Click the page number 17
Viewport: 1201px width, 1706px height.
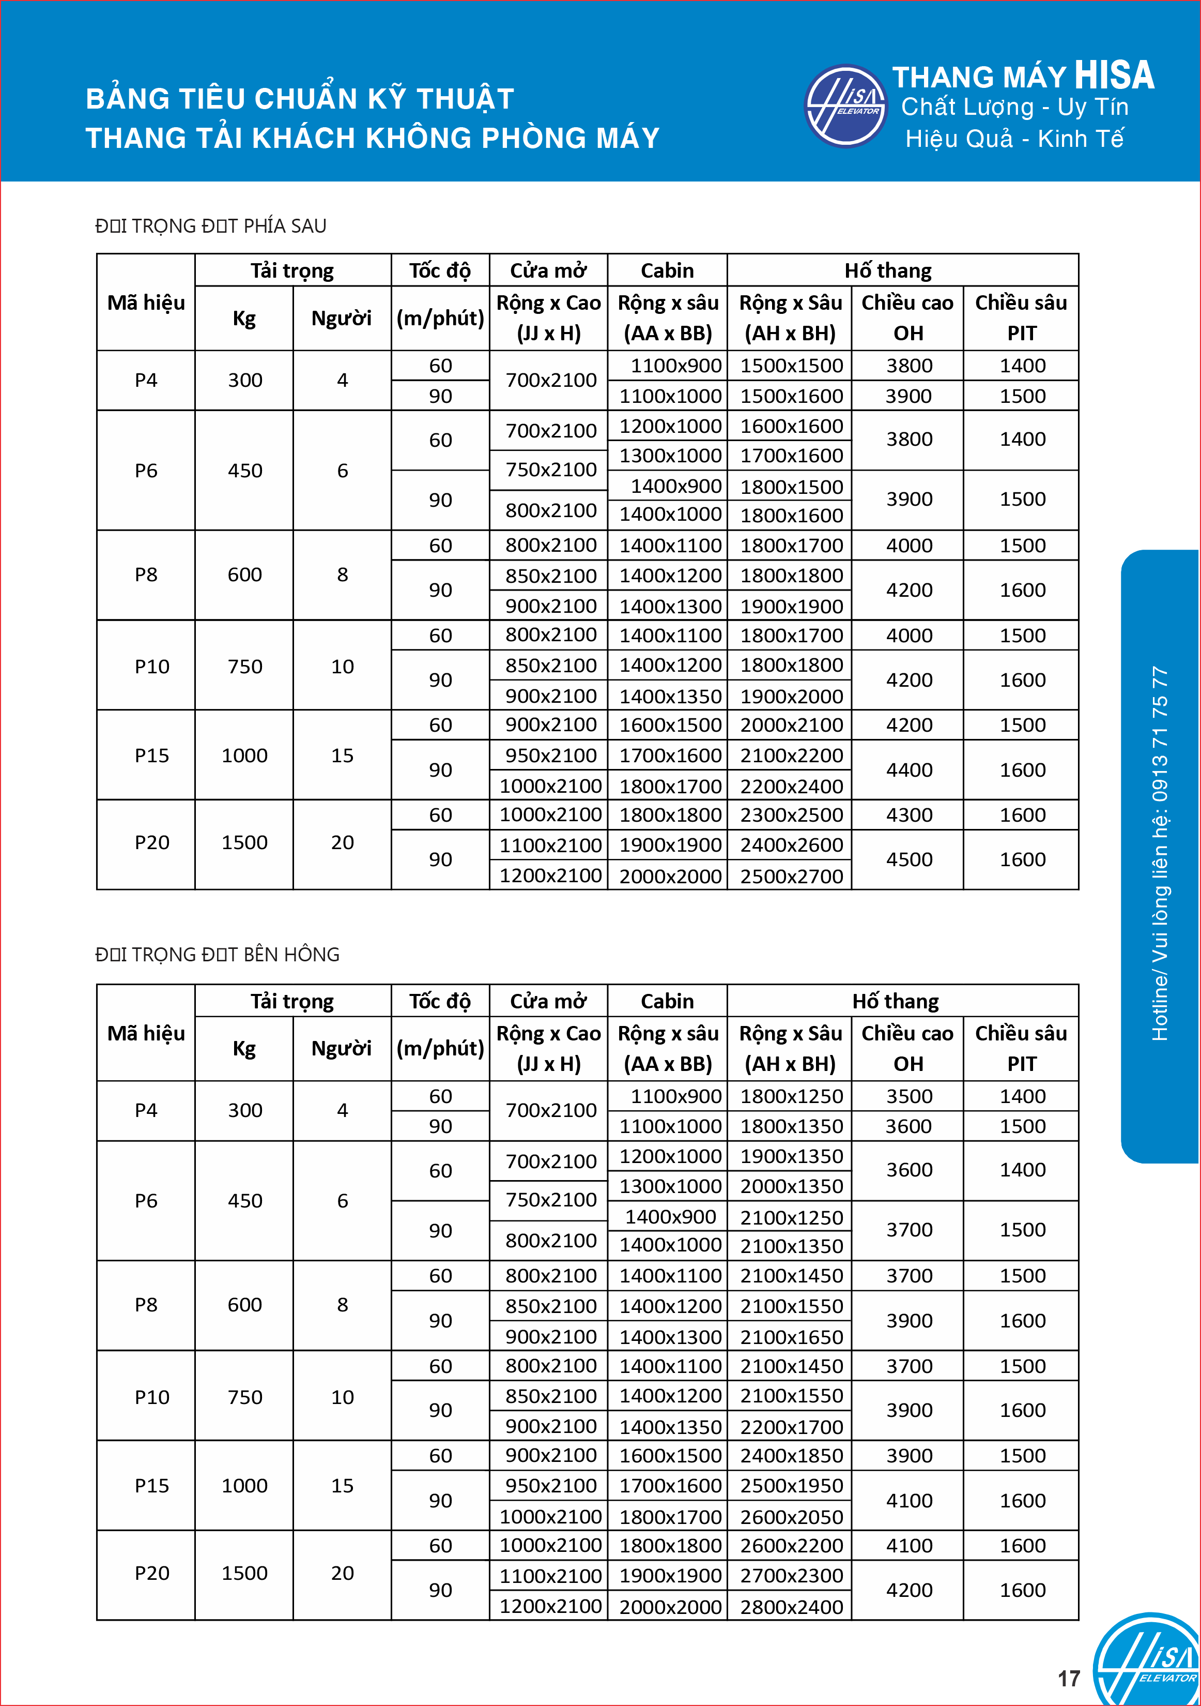[x=1069, y=1679]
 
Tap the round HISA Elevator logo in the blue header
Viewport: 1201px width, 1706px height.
[x=846, y=106]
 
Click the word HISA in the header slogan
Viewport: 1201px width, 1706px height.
[x=1114, y=75]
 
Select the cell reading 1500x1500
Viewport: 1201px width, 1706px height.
[x=791, y=366]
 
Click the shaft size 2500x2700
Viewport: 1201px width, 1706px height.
[x=791, y=876]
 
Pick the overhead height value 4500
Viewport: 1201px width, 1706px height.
[x=909, y=859]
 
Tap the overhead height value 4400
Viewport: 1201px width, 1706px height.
[x=909, y=770]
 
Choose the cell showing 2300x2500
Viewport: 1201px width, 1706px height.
[x=791, y=815]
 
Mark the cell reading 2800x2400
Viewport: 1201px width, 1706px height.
[x=791, y=1606]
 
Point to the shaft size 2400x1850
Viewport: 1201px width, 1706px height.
[x=791, y=1456]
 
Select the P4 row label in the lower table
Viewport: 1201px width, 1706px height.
[x=146, y=1110]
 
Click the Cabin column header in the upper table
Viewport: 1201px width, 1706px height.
[x=667, y=270]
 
